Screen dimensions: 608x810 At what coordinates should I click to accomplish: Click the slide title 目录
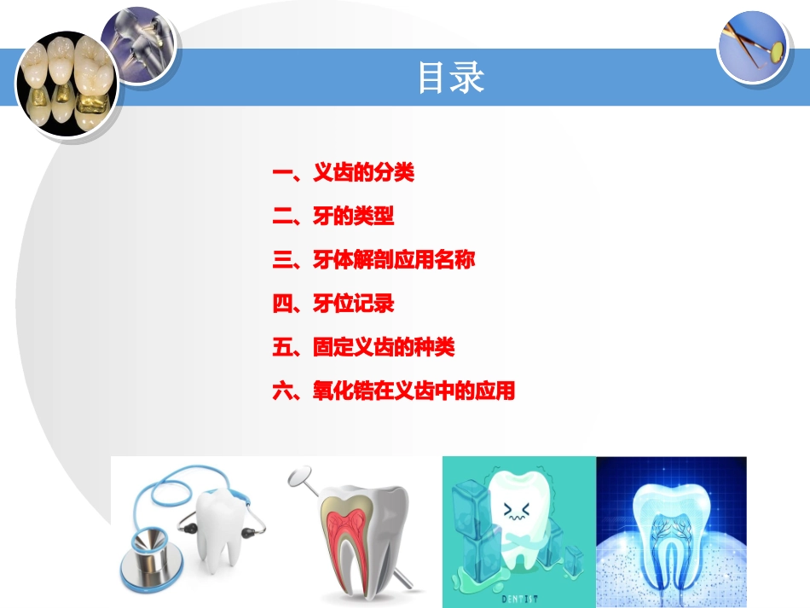450,78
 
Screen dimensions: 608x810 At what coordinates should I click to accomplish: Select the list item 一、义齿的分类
343,173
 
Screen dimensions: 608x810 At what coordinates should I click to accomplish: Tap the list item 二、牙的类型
333,217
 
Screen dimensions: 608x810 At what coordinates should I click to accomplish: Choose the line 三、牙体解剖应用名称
373,260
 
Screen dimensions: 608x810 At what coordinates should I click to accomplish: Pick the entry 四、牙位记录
333,304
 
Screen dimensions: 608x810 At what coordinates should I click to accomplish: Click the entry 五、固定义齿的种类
363,348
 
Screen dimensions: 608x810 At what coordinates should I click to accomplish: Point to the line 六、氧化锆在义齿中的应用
393,391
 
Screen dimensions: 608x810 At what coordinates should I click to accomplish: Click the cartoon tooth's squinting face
517,511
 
